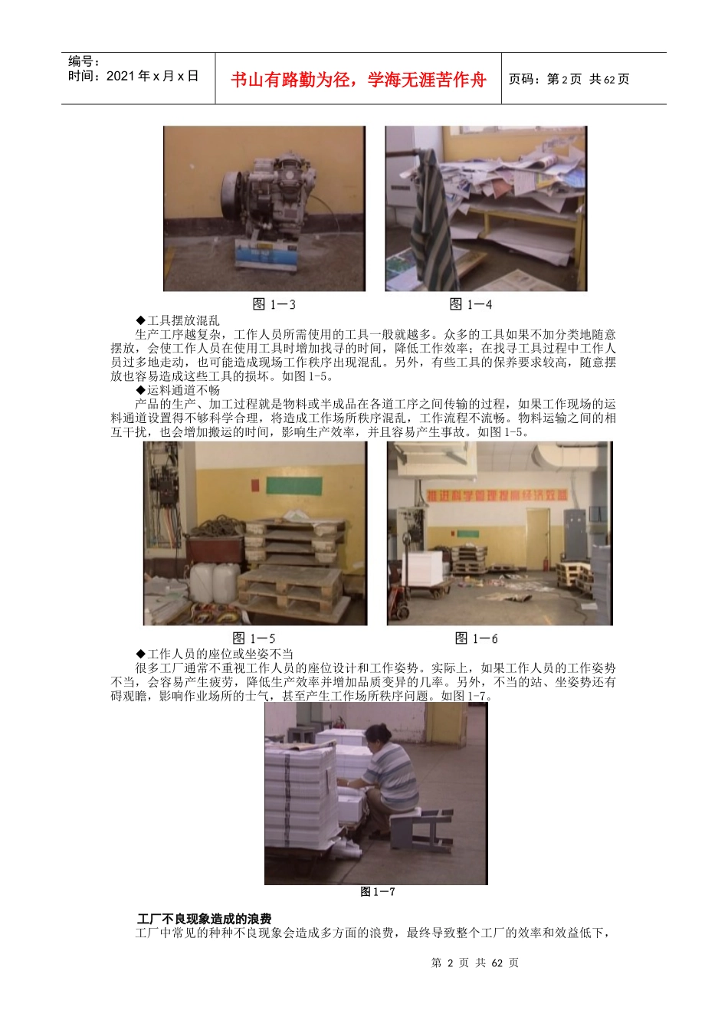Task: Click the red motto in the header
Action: (358, 80)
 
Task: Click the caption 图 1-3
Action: (274, 304)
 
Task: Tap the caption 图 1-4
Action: (471, 304)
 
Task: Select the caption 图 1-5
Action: (254, 638)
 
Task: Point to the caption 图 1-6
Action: (476, 638)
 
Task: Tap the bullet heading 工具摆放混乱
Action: (178, 320)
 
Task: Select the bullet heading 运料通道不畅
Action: (178, 390)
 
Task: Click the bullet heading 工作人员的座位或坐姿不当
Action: (215, 654)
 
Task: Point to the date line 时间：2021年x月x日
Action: (133, 76)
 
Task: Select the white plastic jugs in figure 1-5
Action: (215, 582)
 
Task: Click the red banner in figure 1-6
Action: (497, 496)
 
